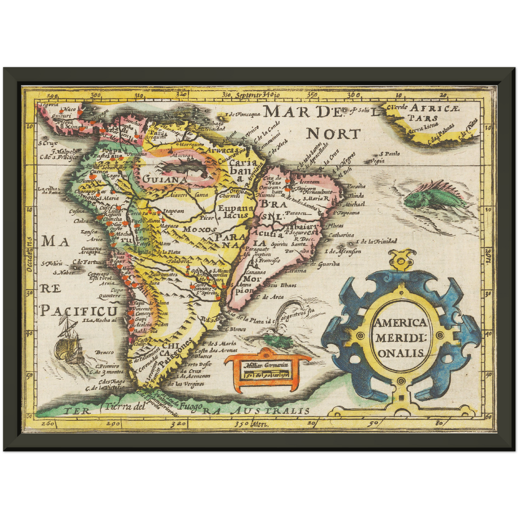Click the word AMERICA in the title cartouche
pyautogui.click(x=400, y=322)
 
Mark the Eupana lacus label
pyautogui.click(x=233, y=212)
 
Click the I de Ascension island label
pyautogui.click(x=343, y=251)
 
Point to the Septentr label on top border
pyautogui.click(x=247, y=95)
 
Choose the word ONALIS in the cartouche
pyautogui.click(x=401, y=353)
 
